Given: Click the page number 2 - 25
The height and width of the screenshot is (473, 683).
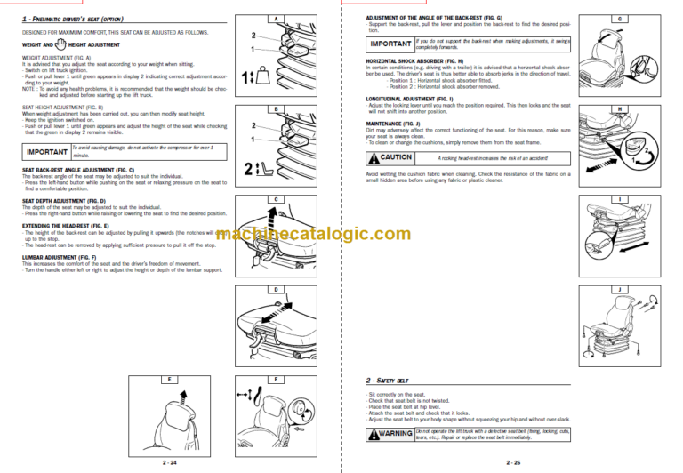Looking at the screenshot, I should pos(513,461).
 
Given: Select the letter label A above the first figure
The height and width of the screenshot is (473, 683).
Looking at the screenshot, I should pos(277,19).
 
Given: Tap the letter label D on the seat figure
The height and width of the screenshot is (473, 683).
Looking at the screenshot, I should pos(277,289).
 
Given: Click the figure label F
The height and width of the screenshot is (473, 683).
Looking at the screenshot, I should pos(277,380).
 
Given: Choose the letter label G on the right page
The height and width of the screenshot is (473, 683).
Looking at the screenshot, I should pos(619,19).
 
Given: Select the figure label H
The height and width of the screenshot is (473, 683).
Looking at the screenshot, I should pos(619,109).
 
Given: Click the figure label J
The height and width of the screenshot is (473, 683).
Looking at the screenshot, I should pos(619,289).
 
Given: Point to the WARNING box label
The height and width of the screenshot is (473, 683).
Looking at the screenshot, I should pos(390,434).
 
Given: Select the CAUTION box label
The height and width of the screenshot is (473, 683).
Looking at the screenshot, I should pos(390,156).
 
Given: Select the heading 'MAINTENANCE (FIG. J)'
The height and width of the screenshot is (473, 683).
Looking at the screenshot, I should pos(397,123).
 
